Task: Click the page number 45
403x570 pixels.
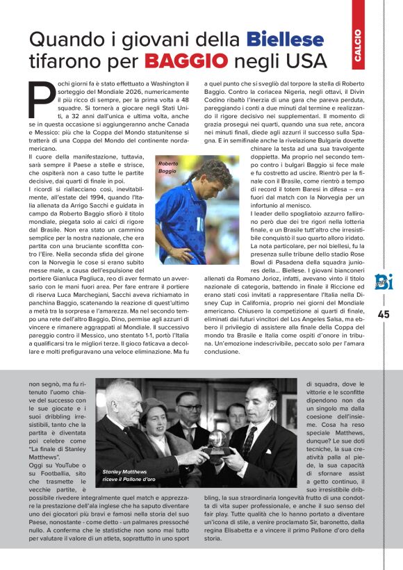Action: point(384,314)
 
